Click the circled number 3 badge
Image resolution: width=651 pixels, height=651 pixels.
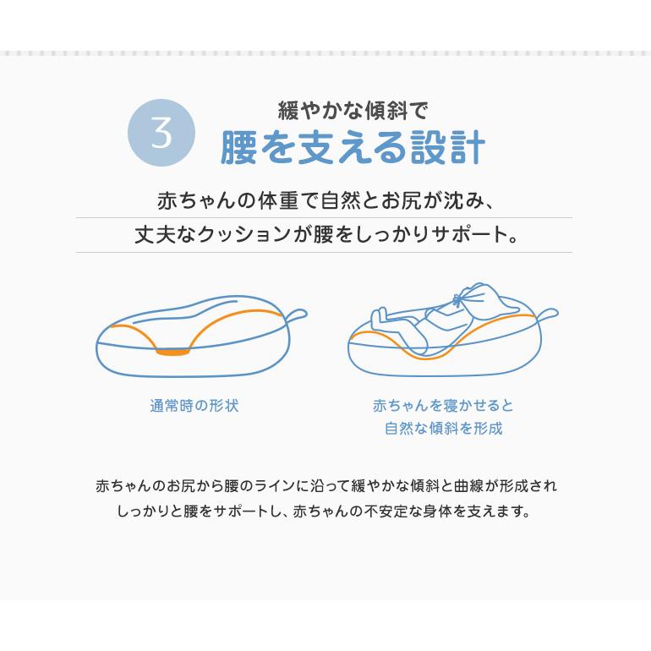point(161,133)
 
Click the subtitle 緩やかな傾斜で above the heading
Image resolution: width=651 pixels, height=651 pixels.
point(353,110)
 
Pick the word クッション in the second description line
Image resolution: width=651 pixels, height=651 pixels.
point(245,234)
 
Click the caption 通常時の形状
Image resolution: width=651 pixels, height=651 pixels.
point(194,406)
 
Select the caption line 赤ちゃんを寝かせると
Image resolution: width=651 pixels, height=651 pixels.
point(443,406)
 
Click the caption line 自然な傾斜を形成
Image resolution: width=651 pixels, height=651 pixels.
point(443,428)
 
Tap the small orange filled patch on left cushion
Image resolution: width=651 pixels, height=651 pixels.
point(172,351)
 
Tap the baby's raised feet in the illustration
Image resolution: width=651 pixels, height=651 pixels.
point(380,320)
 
